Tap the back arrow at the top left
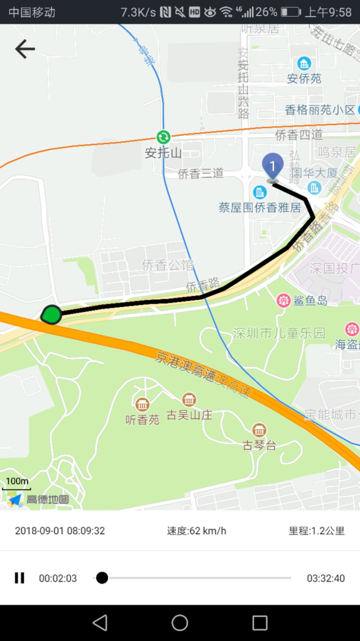[x=24, y=49]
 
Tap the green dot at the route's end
[x=52, y=314]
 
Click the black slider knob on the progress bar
[x=102, y=577]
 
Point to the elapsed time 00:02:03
[x=58, y=578]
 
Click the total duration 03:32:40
[x=326, y=578]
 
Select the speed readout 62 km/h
[x=196, y=531]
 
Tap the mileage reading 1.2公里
[x=317, y=531]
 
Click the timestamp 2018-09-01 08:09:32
[x=60, y=531]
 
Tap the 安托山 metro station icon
[x=163, y=137]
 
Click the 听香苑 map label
[x=142, y=420]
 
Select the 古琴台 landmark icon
[x=259, y=430]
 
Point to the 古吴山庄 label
[x=189, y=414]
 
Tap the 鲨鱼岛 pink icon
[x=283, y=300]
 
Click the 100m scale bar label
[x=17, y=481]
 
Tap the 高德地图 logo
[x=39, y=499]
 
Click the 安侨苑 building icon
[x=304, y=64]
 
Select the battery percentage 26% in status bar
[x=266, y=12]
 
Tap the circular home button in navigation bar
[x=180, y=623]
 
